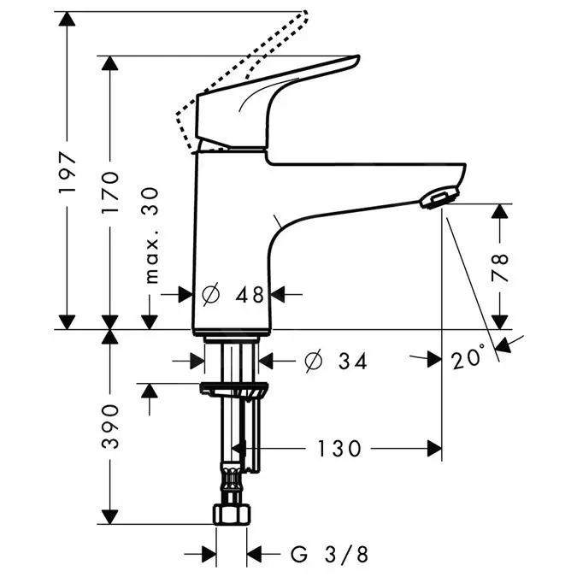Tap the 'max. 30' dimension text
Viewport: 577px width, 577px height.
pyautogui.click(x=152, y=234)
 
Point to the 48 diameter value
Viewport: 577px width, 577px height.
pyautogui.click(x=250, y=294)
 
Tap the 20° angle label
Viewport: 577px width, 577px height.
pyautogui.click(x=468, y=360)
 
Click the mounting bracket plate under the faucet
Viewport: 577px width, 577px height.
pyautogui.click(x=233, y=391)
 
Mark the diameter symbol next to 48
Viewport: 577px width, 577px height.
pyautogui.click(x=211, y=294)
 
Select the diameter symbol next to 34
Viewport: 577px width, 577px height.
pyautogui.click(x=313, y=362)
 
